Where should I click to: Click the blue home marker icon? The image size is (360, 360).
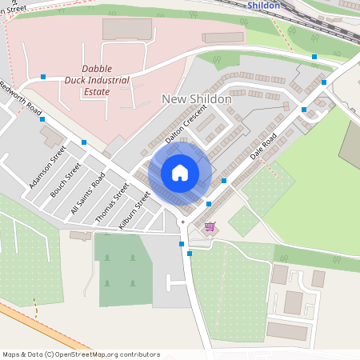click(180, 173)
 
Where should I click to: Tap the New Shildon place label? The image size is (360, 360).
click(196, 99)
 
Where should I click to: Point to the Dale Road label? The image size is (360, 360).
click(262, 146)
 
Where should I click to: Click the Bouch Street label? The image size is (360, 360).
click(66, 182)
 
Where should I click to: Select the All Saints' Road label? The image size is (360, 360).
click(87, 194)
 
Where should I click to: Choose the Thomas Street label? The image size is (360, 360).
click(111, 203)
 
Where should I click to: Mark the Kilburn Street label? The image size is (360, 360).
click(134, 211)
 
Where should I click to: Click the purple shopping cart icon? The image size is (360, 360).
click(210, 226)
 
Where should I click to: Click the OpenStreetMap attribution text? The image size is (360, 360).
click(80, 354)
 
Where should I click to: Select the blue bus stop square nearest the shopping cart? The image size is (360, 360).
click(208, 205)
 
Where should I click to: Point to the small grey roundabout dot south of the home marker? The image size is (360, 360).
click(182, 221)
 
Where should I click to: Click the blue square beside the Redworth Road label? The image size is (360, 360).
click(42, 119)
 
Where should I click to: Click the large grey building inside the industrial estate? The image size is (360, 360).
click(126, 29)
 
